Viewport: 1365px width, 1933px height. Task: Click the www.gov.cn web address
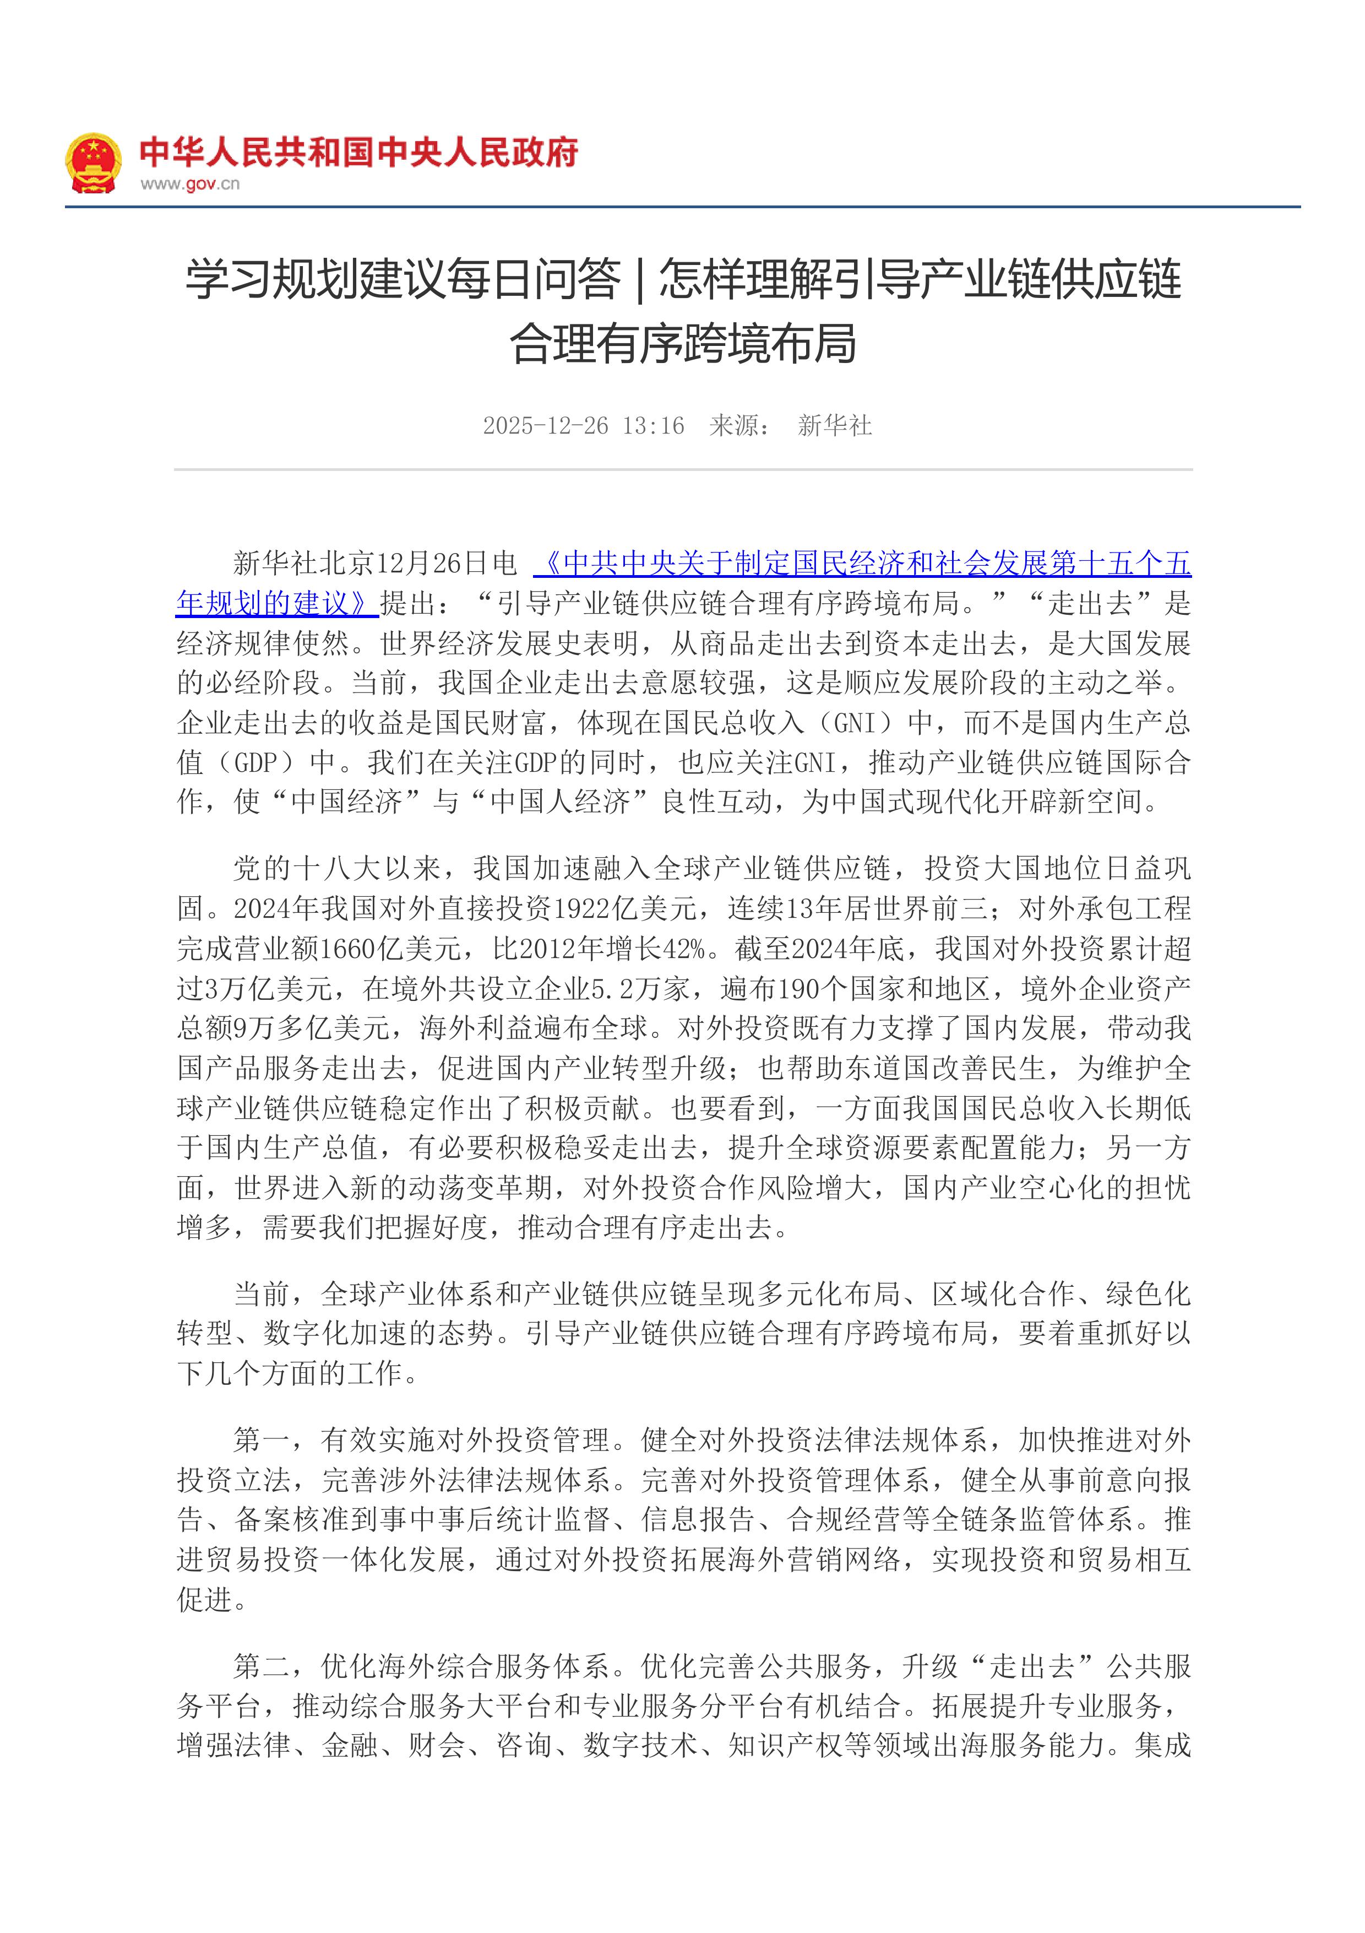pos(189,183)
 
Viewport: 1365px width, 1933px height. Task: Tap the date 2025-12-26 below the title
pos(545,426)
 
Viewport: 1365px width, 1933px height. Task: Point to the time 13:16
pos(653,426)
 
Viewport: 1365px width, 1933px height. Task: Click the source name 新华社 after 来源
pos(834,426)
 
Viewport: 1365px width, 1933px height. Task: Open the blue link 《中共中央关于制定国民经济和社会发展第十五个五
pos(867,562)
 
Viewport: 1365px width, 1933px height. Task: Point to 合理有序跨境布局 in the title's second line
pos(683,344)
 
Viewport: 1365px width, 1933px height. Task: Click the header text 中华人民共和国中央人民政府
pos(358,153)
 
